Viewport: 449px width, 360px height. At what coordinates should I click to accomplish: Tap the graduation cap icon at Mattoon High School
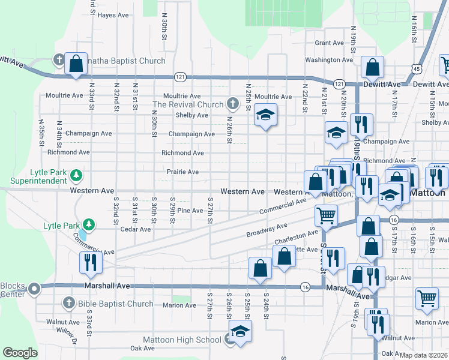(x=240, y=331)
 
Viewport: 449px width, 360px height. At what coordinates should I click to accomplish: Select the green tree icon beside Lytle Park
(x=89, y=225)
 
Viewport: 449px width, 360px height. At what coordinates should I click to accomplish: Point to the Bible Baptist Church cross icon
(x=68, y=304)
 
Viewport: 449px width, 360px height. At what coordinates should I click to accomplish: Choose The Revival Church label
(x=188, y=104)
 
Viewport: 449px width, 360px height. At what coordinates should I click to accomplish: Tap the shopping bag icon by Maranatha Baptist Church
(x=76, y=63)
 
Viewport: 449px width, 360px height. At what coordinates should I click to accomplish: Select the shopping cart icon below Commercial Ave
(x=326, y=214)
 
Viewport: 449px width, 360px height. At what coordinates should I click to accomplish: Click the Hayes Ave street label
(x=114, y=15)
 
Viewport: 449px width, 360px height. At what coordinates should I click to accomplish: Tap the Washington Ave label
(x=329, y=60)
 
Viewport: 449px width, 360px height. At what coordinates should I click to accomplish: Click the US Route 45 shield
(x=416, y=69)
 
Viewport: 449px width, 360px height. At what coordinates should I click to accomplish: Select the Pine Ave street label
(x=190, y=211)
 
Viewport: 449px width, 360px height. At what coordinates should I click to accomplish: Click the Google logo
(x=20, y=353)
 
